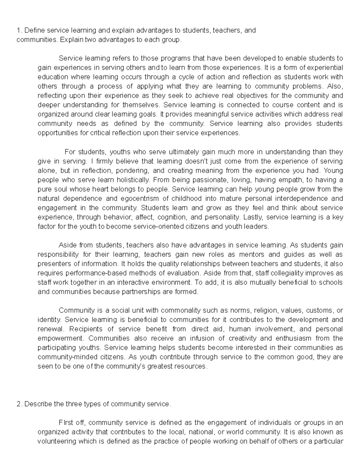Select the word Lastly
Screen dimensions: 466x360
tap(253, 217)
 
